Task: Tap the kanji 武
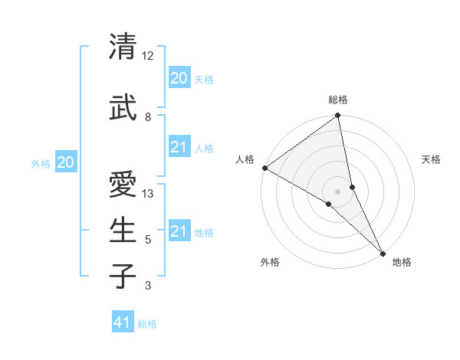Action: [123, 108]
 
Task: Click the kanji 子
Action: [123, 276]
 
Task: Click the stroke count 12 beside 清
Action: [148, 56]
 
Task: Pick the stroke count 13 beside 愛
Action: [148, 194]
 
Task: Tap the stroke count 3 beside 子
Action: [148, 286]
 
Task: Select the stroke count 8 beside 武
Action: [148, 117]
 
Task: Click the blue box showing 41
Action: [123, 322]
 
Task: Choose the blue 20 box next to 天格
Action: [179, 77]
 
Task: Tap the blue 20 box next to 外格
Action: [66, 162]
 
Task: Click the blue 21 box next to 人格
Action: [179, 147]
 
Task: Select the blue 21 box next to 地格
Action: [179, 231]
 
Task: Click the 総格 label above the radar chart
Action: [338, 100]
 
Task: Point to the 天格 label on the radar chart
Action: [432, 159]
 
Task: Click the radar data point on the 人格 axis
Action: [264, 168]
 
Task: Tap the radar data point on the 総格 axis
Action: [338, 116]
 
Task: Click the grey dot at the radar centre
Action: [338, 191]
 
